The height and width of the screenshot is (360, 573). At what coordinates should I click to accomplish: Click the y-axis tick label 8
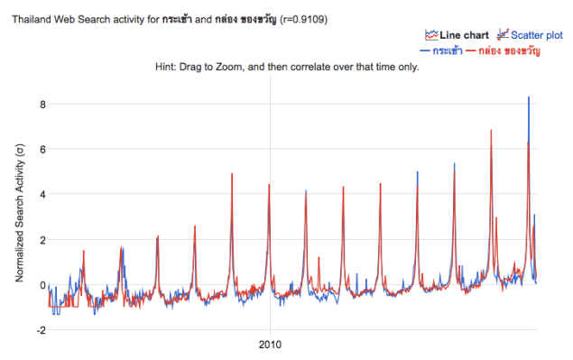pos(41,105)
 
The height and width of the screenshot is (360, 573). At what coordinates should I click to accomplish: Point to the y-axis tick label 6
pos(41,150)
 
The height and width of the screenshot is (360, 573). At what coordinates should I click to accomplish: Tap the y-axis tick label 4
pos(41,195)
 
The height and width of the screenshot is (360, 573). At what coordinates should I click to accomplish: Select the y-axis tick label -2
pos(39,330)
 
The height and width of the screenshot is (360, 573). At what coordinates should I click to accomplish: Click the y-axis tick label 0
pos(41,285)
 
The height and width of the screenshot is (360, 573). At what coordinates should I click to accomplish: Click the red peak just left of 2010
pos(232,175)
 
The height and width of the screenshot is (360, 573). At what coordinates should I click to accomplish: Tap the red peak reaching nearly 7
pos(491,132)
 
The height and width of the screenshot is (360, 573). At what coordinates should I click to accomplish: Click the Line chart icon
pos(430,34)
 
